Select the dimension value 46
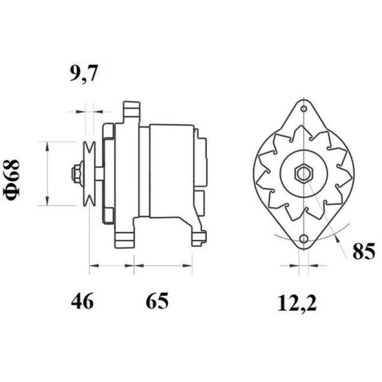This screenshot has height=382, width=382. click(x=83, y=301)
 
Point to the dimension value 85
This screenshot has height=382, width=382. click(x=364, y=252)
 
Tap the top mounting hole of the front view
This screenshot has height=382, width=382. click(x=303, y=109)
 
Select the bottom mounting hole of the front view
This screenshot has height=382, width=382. click(x=303, y=239)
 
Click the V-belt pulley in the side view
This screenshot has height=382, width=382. click(x=89, y=174)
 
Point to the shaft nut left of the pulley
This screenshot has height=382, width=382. click(x=76, y=174)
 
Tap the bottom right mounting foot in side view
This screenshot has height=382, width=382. click(x=199, y=238)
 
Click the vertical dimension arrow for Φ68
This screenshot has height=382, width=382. click(x=47, y=174)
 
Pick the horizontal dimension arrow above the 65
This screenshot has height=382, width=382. click(x=163, y=265)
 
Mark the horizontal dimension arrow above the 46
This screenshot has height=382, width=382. click(x=111, y=265)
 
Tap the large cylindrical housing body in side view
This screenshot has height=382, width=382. click(x=171, y=170)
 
